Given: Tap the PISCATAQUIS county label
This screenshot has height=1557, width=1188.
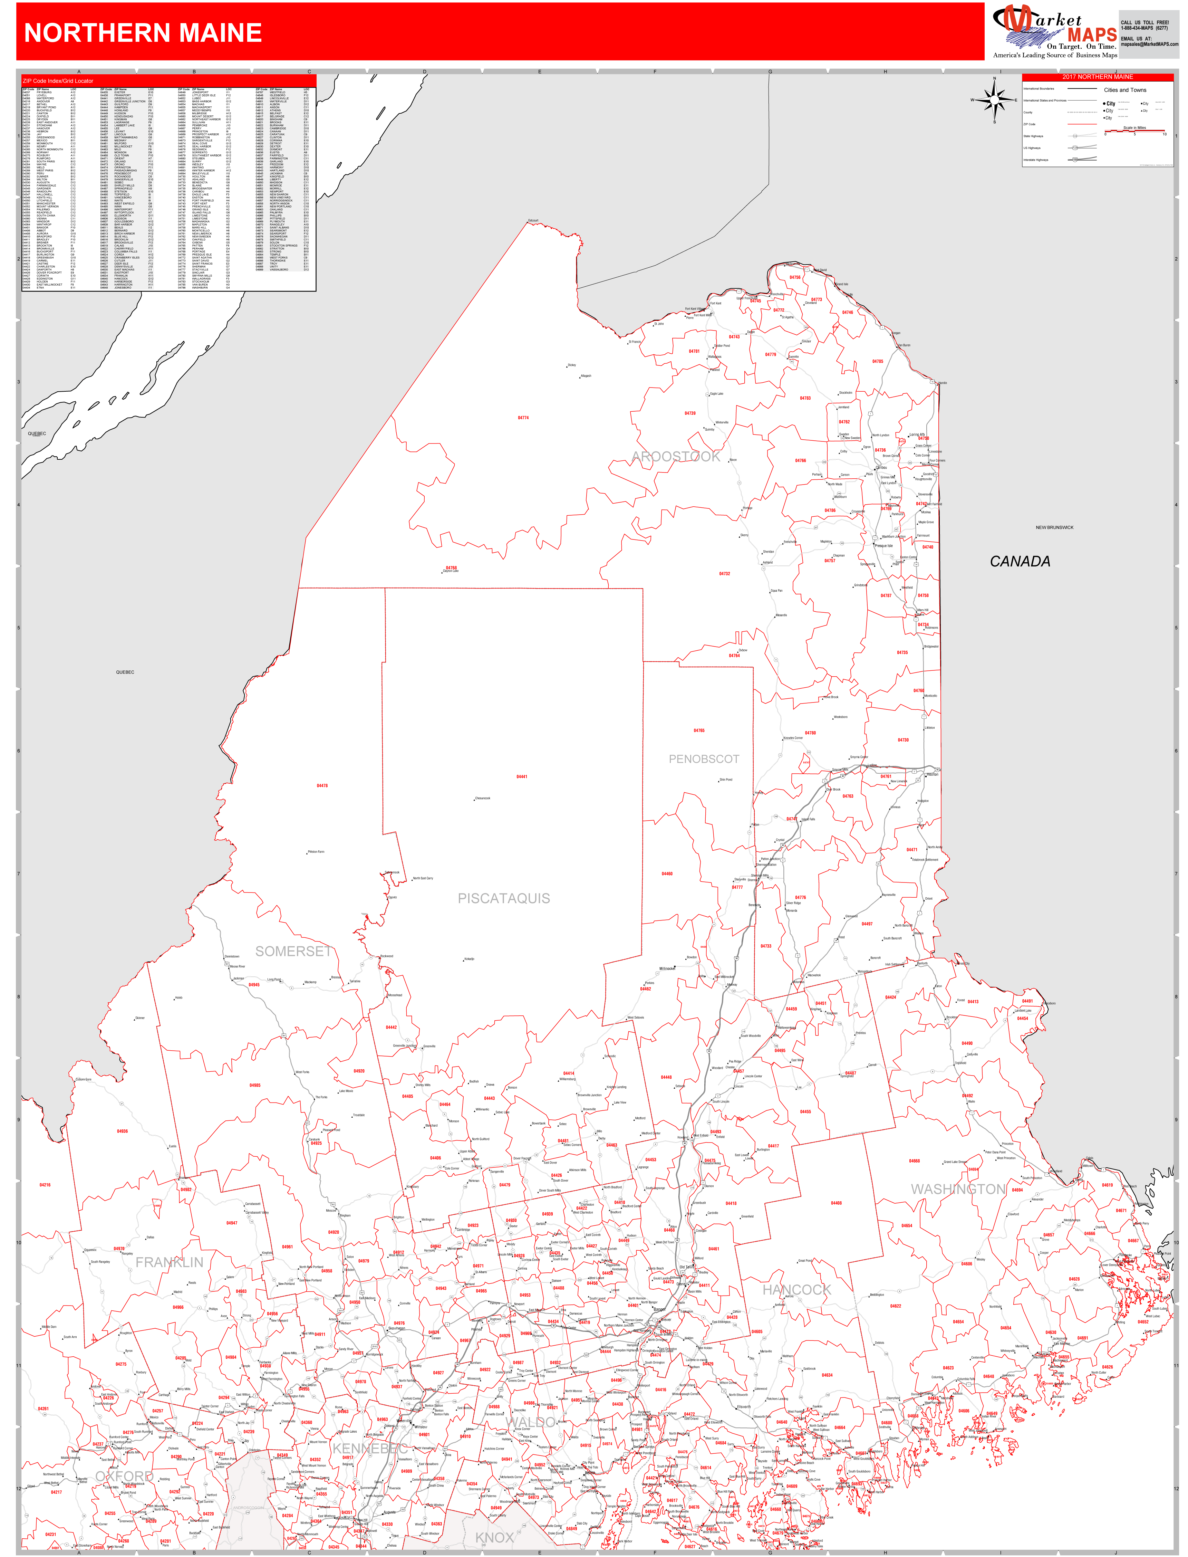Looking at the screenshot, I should (503, 898).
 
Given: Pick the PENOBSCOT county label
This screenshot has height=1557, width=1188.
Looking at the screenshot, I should (704, 759).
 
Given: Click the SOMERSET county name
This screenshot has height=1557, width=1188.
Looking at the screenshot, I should (293, 952).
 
